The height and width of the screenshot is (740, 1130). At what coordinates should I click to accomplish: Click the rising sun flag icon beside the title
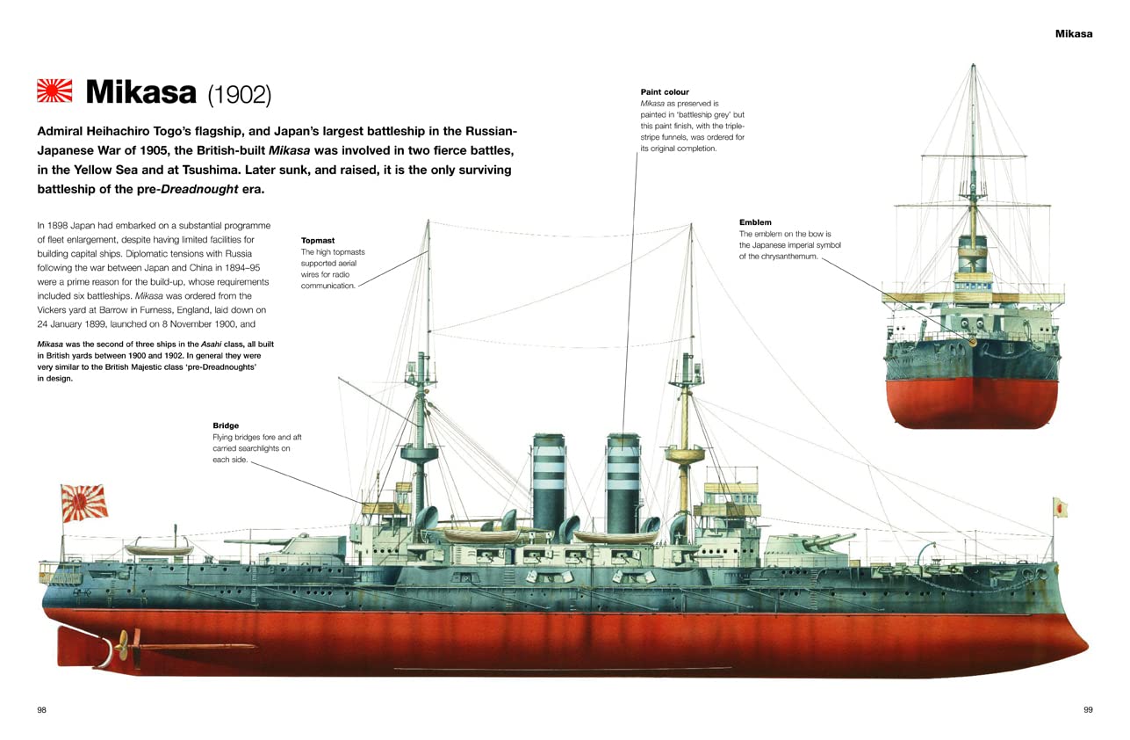coord(55,91)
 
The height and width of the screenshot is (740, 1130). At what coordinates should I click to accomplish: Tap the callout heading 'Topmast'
coord(318,240)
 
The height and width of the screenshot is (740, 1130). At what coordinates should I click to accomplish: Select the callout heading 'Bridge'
coord(225,425)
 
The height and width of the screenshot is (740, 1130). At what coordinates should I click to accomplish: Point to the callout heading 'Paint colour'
coord(665,92)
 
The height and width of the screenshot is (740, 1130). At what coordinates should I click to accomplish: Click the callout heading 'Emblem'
coord(755,222)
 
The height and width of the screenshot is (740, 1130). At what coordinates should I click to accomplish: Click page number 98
coord(41,709)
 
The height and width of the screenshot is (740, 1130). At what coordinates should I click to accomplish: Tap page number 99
coord(1088,709)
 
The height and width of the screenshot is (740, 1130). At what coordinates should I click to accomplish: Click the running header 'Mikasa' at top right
coord(1073,33)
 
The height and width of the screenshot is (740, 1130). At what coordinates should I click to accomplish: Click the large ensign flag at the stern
coord(84,502)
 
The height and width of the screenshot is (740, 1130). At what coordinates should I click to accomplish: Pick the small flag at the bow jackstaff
coord(1060,507)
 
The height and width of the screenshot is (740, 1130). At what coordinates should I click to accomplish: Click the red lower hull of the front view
coord(972,403)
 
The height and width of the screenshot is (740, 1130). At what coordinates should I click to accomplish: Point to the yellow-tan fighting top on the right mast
coord(685,455)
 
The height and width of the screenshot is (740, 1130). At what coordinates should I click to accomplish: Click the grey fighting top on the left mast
coord(420,454)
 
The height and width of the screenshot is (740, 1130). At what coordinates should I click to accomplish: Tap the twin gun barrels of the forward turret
coord(830,539)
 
